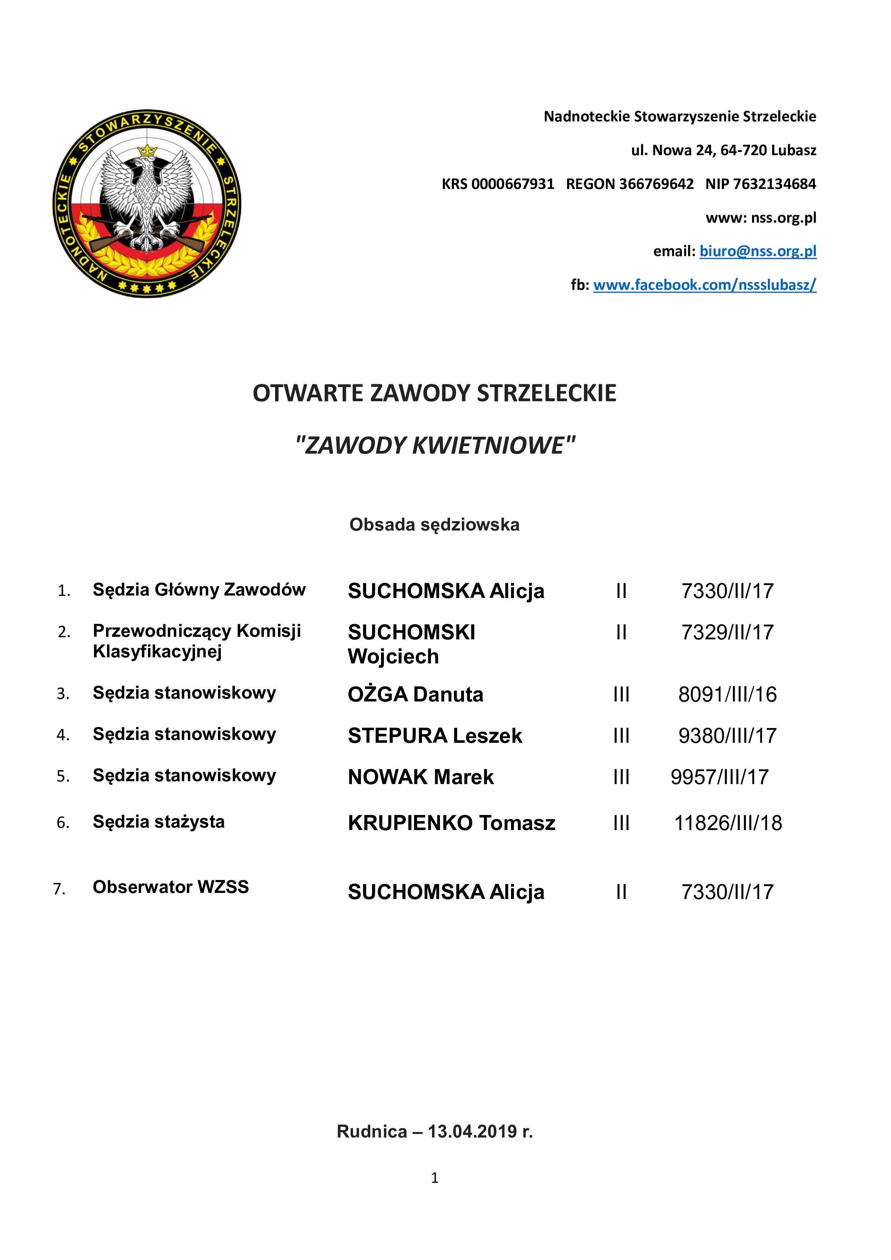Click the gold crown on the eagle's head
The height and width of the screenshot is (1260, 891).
147,150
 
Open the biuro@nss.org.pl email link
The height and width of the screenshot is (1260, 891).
758,251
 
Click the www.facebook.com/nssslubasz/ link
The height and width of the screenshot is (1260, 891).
705,285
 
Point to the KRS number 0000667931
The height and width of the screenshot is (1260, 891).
512,184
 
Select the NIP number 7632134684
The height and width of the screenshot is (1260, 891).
774,184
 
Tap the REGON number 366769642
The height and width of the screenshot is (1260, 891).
656,184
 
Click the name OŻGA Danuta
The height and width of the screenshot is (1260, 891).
415,694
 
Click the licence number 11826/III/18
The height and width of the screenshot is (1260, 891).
728,823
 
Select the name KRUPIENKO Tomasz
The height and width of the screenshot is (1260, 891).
451,823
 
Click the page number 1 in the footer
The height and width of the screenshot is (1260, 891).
435,1178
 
